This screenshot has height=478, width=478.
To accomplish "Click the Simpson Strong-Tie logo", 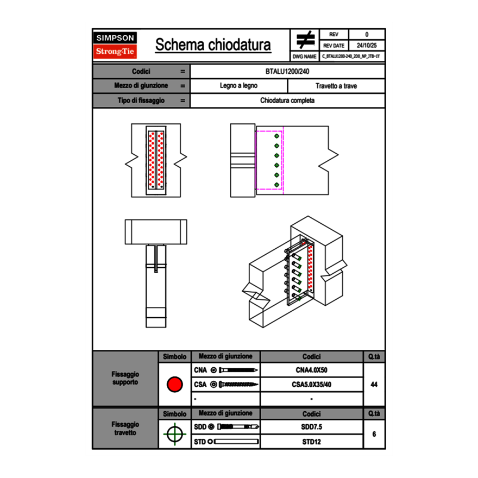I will click(116, 45).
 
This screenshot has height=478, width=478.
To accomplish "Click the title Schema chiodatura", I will click(213, 45).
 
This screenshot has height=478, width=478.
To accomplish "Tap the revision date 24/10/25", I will click(367, 46).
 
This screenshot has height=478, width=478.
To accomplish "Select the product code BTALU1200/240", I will click(287, 72).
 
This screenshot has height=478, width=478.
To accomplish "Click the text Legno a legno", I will click(238, 86).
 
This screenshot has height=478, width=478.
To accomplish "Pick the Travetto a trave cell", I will click(336, 86).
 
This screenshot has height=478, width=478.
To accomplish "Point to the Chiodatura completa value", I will click(287, 100).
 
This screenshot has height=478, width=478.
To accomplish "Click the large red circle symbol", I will click(174, 385).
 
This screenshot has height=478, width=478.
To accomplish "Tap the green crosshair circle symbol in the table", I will click(174, 434).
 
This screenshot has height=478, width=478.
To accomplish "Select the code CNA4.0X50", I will click(311, 370).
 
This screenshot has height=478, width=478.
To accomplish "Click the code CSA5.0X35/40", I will click(311, 385).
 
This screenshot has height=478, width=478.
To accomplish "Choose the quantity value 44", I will click(374, 385).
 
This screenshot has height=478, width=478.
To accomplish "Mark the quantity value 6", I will click(374, 434).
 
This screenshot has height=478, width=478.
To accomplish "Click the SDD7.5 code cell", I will click(311, 427).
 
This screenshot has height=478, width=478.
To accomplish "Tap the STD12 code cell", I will click(311, 442).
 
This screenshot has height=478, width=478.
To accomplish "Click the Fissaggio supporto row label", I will click(125, 378).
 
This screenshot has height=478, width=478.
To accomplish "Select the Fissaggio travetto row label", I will click(125, 428).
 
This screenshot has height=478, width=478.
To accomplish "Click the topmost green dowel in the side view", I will click(276, 136).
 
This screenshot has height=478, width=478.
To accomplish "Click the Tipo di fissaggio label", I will click(141, 100).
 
